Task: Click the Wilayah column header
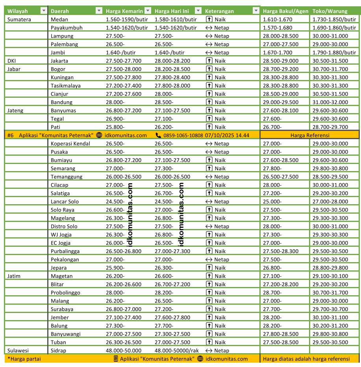[18, 11]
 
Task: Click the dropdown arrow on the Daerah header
[99, 11]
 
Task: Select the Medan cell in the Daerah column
[60, 19]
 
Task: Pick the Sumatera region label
[19, 19]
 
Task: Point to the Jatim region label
[14, 276]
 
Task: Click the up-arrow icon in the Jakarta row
[209, 61]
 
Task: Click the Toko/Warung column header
[327, 11]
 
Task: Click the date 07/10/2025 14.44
[227, 135]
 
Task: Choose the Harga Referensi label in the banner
[310, 135]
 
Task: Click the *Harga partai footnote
[24, 359]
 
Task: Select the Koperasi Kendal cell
[70, 143]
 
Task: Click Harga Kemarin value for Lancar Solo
[115, 201]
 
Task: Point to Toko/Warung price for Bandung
[330, 102]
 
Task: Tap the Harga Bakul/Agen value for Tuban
[281, 342]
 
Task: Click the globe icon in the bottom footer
[200, 359]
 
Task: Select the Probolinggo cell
[65, 292]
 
